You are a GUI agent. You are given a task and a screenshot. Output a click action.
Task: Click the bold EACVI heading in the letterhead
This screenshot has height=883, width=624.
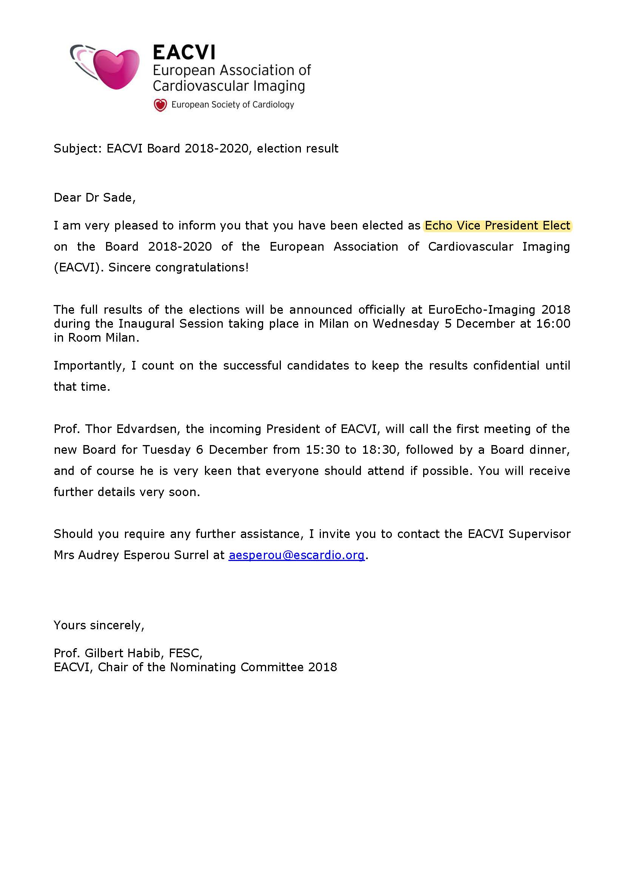184,53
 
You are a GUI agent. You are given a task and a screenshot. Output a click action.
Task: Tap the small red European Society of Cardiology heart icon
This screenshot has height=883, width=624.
160,105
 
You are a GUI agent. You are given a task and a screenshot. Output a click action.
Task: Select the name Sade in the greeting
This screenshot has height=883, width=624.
118,198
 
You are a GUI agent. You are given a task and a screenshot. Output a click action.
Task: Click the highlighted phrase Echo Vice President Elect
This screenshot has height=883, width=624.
497,225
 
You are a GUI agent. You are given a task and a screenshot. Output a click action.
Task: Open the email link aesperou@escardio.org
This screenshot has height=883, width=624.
296,555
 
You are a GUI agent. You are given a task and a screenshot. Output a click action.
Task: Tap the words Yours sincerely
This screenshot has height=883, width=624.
99,625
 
